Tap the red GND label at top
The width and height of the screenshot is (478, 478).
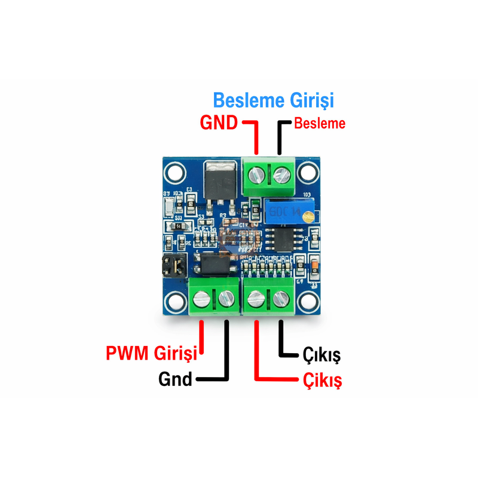[219, 124]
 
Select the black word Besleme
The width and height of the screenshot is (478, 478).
[320, 124]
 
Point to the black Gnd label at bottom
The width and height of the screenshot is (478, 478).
[175, 379]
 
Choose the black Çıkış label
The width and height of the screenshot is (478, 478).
[321, 356]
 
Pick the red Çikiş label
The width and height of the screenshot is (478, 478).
[322, 380]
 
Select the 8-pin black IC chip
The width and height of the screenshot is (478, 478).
[280, 238]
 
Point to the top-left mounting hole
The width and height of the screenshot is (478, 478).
[174, 173]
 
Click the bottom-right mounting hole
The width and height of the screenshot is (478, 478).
[307, 301]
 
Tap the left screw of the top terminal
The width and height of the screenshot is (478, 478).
[257, 174]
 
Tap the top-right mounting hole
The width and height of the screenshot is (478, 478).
[307, 173]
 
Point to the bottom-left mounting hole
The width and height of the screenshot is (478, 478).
[174, 301]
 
